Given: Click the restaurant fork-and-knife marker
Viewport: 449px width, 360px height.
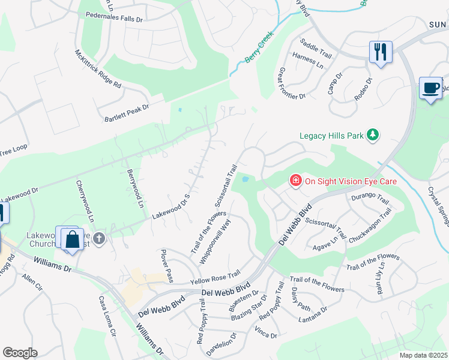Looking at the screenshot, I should click(x=381, y=52).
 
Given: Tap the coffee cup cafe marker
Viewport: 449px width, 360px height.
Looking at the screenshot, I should click(x=430, y=88).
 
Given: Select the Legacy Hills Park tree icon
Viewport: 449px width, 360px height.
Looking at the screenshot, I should click(x=373, y=135).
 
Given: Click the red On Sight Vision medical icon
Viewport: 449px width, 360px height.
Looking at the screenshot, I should click(x=295, y=180).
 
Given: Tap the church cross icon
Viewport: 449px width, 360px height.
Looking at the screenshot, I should click(x=99, y=239).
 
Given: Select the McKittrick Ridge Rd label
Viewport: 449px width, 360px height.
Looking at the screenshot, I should click(x=98, y=68).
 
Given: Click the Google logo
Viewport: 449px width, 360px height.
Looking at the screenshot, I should click(x=20, y=352).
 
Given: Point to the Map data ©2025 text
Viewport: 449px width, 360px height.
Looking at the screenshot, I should click(x=423, y=355).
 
